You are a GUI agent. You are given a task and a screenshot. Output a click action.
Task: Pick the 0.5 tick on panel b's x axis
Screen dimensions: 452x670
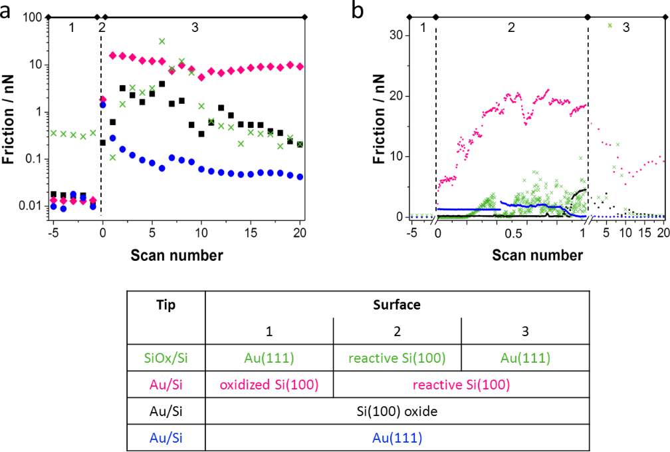[x=512, y=234]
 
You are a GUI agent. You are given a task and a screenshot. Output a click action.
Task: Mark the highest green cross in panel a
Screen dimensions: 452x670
[x=162, y=41]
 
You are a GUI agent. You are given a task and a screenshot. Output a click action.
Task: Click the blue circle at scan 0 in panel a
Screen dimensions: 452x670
[x=102, y=105]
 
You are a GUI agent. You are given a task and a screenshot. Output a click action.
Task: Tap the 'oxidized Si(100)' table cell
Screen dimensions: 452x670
[x=269, y=385]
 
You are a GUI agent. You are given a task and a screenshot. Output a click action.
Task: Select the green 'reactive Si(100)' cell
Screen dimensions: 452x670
[x=396, y=358]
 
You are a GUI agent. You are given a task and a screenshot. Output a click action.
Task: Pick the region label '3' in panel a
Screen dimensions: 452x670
[x=194, y=27]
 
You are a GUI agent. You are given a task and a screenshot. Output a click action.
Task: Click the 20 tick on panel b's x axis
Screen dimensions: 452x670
[x=661, y=234]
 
